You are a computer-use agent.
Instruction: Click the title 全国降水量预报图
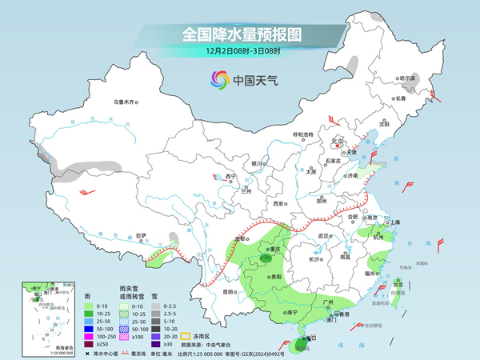point(239,34)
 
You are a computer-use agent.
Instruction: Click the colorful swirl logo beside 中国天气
point(218,79)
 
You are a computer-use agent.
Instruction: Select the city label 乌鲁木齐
point(125,102)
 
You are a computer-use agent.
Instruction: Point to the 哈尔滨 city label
point(408,78)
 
